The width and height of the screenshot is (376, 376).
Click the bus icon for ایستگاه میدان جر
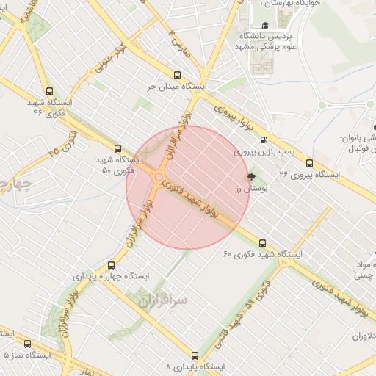pos(176,75)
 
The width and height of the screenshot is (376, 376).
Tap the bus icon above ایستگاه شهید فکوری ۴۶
pos(49,92)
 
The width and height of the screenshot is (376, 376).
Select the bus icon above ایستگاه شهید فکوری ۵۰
pos(117,148)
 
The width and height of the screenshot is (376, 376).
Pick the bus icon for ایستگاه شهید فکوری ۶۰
pos(262,243)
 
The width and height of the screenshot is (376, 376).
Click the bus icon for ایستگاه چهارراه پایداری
pos(111,265)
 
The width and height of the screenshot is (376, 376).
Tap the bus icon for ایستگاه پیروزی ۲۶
pos(309,163)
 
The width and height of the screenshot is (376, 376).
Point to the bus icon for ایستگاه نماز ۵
pos(28,344)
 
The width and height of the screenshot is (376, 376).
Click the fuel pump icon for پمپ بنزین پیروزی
pos(264,140)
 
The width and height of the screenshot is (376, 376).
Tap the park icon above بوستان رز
pos(252,177)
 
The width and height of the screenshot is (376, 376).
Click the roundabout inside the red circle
pos(159,177)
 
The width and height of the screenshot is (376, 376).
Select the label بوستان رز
pos(248,189)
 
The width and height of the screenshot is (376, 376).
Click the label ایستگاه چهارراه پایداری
pos(111,277)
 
